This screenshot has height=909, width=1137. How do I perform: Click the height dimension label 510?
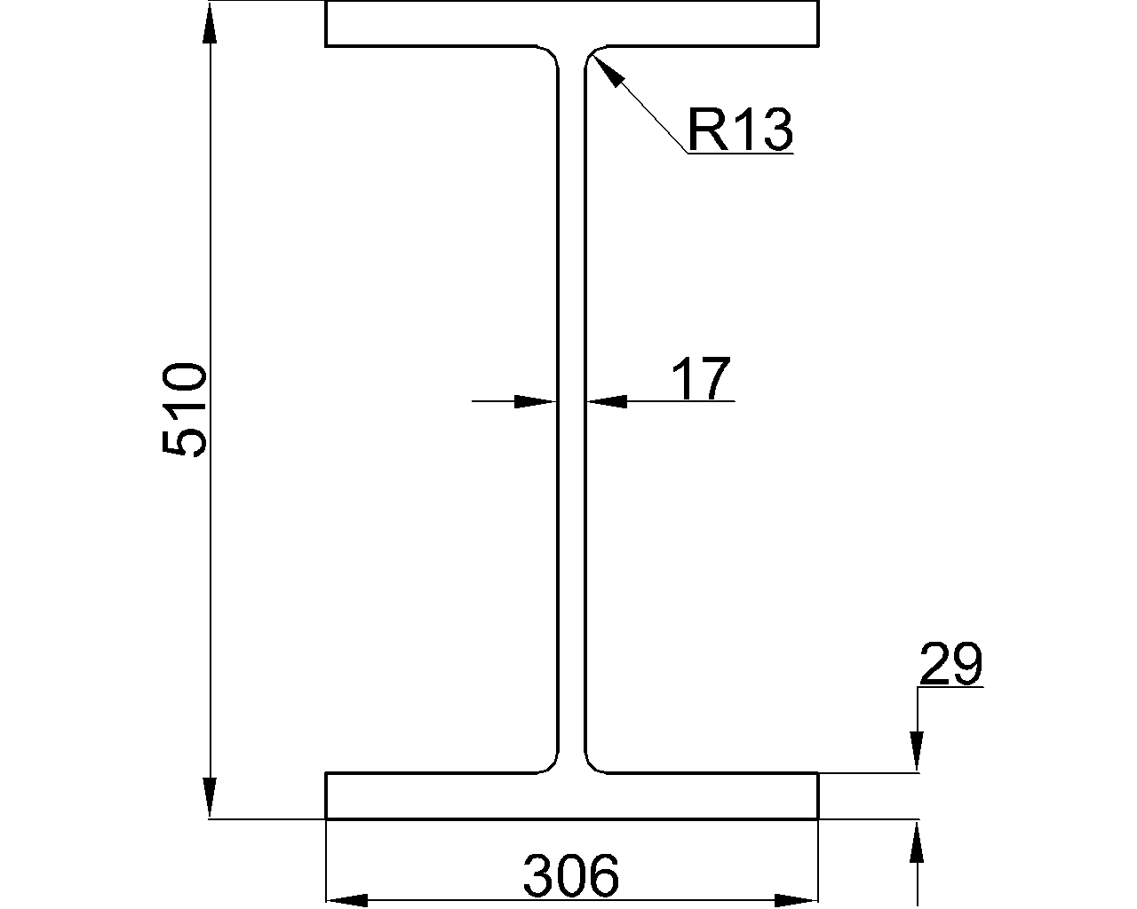point(185,409)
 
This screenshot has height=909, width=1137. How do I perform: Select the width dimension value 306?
point(570,876)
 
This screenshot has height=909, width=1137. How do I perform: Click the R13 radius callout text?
point(739,130)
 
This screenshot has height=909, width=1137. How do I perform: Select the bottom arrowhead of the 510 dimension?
point(210,795)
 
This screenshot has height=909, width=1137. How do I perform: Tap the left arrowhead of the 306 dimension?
point(348,900)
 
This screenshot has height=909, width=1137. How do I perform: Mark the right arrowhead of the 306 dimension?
point(796,900)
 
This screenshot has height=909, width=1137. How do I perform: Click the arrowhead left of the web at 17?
point(536,402)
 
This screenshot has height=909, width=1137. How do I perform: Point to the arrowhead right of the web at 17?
point(607,402)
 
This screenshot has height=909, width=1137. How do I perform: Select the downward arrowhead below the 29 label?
point(918,751)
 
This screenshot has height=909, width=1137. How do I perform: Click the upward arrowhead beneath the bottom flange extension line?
point(918,842)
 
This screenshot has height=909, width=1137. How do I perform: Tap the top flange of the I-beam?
point(571,24)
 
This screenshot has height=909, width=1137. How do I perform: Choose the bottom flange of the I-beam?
point(571,796)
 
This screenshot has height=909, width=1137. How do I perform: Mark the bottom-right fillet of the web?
point(592,764)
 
